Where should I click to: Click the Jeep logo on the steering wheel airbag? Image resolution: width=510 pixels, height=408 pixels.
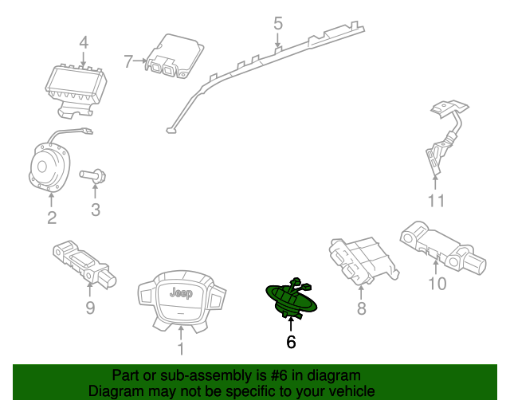180,293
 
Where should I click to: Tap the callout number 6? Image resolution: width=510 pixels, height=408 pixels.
291,343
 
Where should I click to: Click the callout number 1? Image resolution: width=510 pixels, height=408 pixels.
180,347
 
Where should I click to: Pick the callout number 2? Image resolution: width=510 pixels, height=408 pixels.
51,218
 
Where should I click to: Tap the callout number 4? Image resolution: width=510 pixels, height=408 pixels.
84,43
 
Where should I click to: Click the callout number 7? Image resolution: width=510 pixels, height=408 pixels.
129,60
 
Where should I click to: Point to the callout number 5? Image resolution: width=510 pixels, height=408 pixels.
277,23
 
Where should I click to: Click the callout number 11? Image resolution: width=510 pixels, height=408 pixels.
436,201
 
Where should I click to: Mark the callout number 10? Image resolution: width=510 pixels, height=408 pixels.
437,283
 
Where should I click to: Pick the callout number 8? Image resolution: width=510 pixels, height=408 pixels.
361,308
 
